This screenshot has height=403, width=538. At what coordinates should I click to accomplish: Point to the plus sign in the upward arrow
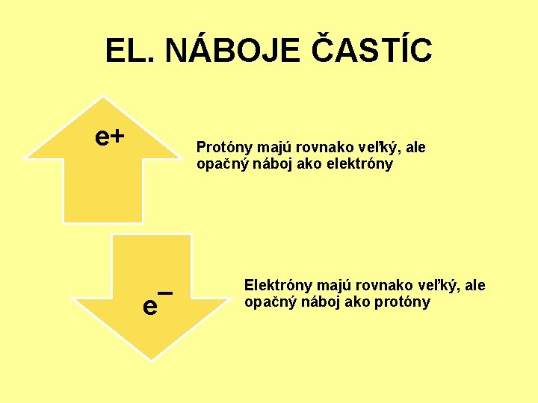[x=117, y=136]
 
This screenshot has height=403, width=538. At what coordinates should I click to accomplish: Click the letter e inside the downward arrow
[x=150, y=304]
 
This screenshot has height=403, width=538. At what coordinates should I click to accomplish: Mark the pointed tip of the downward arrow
[x=151, y=359]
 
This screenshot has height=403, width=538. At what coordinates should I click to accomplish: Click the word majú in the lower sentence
[x=333, y=285]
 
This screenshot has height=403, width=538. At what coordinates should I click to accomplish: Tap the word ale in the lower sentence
[x=474, y=285]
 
